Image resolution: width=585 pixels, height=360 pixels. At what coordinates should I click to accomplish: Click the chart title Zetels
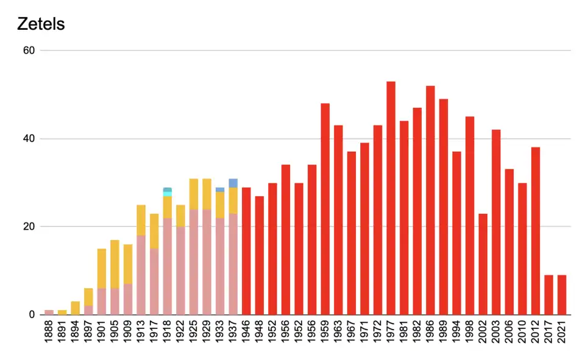tap(41, 25)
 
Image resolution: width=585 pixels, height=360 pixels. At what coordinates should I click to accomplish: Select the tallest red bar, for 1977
tap(391, 198)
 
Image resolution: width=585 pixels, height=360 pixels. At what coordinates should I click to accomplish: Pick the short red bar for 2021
tap(562, 295)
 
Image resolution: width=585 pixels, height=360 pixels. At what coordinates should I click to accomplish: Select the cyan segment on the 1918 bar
tap(168, 194)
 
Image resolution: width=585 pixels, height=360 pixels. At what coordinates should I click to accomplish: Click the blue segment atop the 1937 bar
tap(233, 183)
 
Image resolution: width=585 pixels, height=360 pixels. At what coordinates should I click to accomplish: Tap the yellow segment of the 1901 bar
tap(102, 268)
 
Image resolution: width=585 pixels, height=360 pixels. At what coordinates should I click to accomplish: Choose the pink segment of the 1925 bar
tap(194, 262)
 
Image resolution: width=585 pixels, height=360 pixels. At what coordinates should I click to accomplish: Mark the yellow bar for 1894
tap(76, 308)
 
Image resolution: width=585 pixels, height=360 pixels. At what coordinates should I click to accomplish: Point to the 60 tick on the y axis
tap(29, 51)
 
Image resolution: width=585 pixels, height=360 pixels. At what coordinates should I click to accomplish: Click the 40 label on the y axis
tap(29, 139)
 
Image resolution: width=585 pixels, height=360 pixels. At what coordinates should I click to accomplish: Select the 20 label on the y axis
tap(29, 227)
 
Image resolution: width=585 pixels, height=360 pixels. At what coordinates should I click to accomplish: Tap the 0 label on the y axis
tap(32, 314)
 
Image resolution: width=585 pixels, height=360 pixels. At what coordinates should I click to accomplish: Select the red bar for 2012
tap(536, 231)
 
